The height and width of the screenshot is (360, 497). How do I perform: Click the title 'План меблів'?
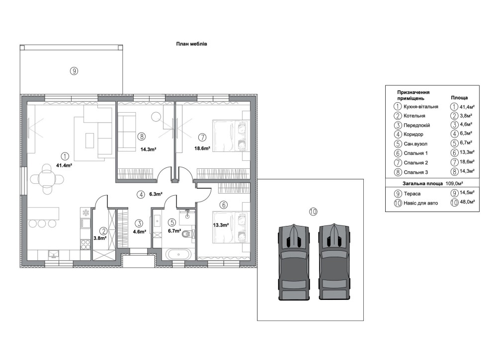tap(191, 44)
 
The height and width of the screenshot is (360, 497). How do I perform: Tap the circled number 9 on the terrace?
tap(74, 71)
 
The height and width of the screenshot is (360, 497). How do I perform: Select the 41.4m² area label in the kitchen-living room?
tap(64, 165)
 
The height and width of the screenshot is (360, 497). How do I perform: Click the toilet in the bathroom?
tap(187, 234)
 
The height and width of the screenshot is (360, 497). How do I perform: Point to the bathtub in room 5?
tap(177, 255)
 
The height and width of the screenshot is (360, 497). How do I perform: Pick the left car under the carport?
tap(294, 262)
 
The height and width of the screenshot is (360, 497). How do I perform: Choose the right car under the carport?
tap(334, 262)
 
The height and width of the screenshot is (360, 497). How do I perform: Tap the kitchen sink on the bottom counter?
tap(53, 255)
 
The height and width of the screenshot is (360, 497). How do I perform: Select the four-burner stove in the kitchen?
tap(85, 244)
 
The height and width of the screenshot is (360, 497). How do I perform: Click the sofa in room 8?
tap(126, 132)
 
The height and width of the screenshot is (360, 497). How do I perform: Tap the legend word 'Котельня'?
tap(414, 116)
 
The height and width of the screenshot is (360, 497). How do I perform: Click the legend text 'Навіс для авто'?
tap(420, 203)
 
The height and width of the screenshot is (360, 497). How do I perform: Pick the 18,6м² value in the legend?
tap(467, 162)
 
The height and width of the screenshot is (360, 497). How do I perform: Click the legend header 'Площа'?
tap(459, 98)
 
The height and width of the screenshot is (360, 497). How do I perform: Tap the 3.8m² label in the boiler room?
tap(100, 238)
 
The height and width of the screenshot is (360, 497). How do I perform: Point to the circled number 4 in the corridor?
tap(141, 195)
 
